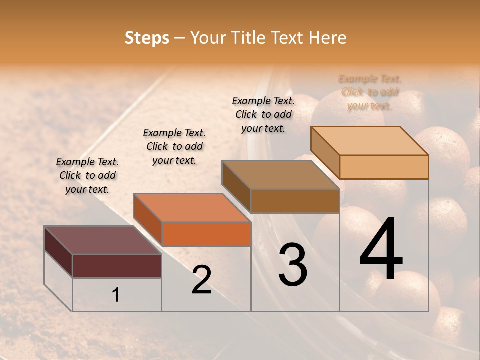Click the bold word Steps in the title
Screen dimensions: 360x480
(x=147, y=38)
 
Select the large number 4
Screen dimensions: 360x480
(x=381, y=250)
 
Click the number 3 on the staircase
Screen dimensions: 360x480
(x=293, y=265)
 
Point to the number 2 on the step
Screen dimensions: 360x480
(x=202, y=280)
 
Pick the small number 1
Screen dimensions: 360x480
(x=115, y=295)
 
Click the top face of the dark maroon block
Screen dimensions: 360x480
(x=102, y=240)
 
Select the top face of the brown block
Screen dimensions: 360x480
(x=280, y=175)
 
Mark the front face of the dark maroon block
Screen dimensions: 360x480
(x=117, y=266)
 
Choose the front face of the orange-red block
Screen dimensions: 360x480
(x=206, y=234)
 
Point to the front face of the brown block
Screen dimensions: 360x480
(x=295, y=201)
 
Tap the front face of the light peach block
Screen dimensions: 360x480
(x=384, y=167)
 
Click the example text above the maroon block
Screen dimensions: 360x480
(x=87, y=175)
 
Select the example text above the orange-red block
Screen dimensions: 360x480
(x=174, y=146)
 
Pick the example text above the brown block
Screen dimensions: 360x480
(x=263, y=114)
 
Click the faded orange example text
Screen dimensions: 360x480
(x=370, y=92)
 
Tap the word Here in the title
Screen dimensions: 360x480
(x=328, y=38)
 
